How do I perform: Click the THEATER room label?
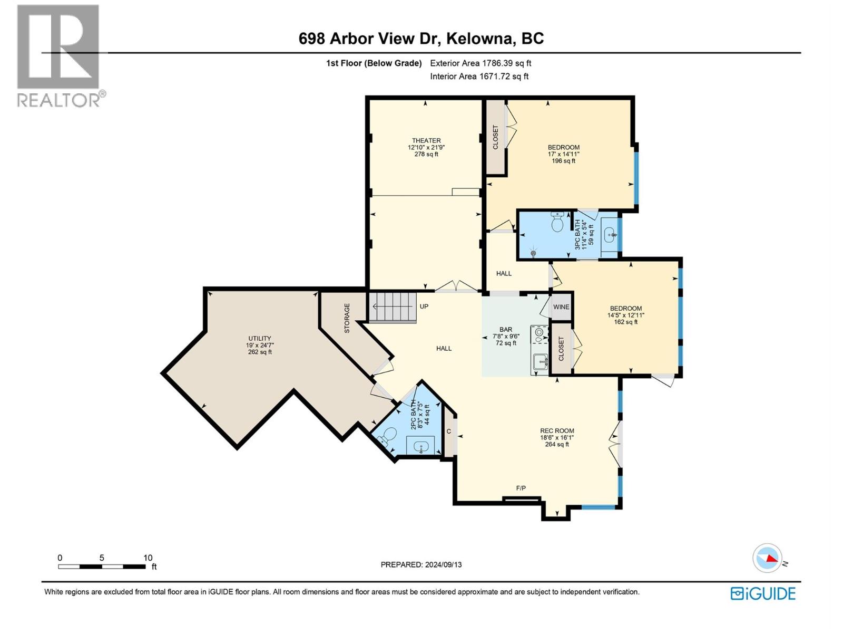pyautogui.click(x=426, y=140)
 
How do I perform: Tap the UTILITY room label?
pyautogui.click(x=260, y=339)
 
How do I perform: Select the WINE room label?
pyautogui.click(x=561, y=307)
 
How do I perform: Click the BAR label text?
pyautogui.click(x=506, y=330)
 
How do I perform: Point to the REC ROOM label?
pyautogui.click(x=557, y=431)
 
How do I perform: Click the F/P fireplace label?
pyautogui.click(x=521, y=488)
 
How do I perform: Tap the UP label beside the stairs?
pyautogui.click(x=424, y=306)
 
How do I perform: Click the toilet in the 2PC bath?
pyautogui.click(x=388, y=436)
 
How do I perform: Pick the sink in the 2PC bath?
pyautogui.click(x=421, y=447)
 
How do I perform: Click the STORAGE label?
pyautogui.click(x=347, y=318)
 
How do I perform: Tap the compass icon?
pyautogui.click(x=767, y=558)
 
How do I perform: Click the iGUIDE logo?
pyautogui.click(x=763, y=593)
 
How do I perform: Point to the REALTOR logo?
pyautogui.click(x=59, y=55)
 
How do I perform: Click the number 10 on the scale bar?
pyautogui.click(x=148, y=558)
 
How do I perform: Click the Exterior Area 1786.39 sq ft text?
pyautogui.click(x=481, y=63)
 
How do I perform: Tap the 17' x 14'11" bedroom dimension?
pyautogui.click(x=563, y=154)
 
